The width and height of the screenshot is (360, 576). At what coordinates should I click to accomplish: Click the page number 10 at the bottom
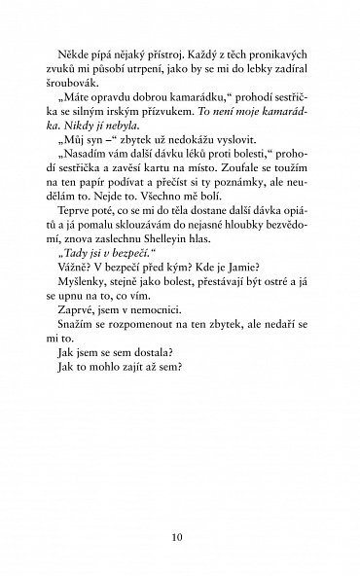tap(180, 533)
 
